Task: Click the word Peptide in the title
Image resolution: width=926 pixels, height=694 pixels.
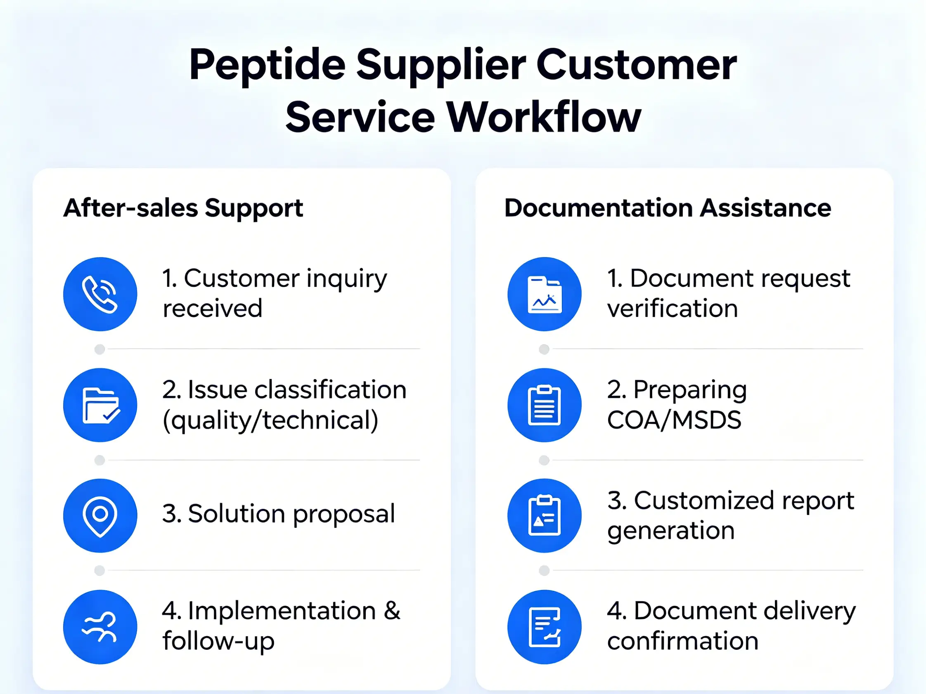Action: (267, 66)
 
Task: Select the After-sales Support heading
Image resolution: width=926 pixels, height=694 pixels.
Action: (183, 209)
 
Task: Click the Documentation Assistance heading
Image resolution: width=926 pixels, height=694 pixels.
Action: (668, 208)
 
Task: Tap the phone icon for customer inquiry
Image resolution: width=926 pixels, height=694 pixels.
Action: (100, 294)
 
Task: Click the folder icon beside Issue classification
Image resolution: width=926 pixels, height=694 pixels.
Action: (100, 405)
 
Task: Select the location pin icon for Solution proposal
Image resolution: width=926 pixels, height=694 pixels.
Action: (100, 516)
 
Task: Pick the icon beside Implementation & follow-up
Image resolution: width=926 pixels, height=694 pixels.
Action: (100, 627)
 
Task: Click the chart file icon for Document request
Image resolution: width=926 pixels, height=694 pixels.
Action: (544, 294)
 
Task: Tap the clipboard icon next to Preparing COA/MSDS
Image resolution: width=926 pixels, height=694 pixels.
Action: (544, 405)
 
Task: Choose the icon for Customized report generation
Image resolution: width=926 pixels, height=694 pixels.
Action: (544, 516)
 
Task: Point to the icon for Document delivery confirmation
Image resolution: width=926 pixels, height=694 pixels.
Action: (544, 627)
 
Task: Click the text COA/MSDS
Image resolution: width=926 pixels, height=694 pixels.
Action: (674, 420)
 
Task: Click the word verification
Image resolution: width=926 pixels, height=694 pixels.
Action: (673, 309)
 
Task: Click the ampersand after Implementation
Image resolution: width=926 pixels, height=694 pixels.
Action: (392, 611)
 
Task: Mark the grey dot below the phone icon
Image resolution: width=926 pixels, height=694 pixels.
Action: (99, 349)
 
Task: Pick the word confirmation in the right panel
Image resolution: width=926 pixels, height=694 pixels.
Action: (683, 641)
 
